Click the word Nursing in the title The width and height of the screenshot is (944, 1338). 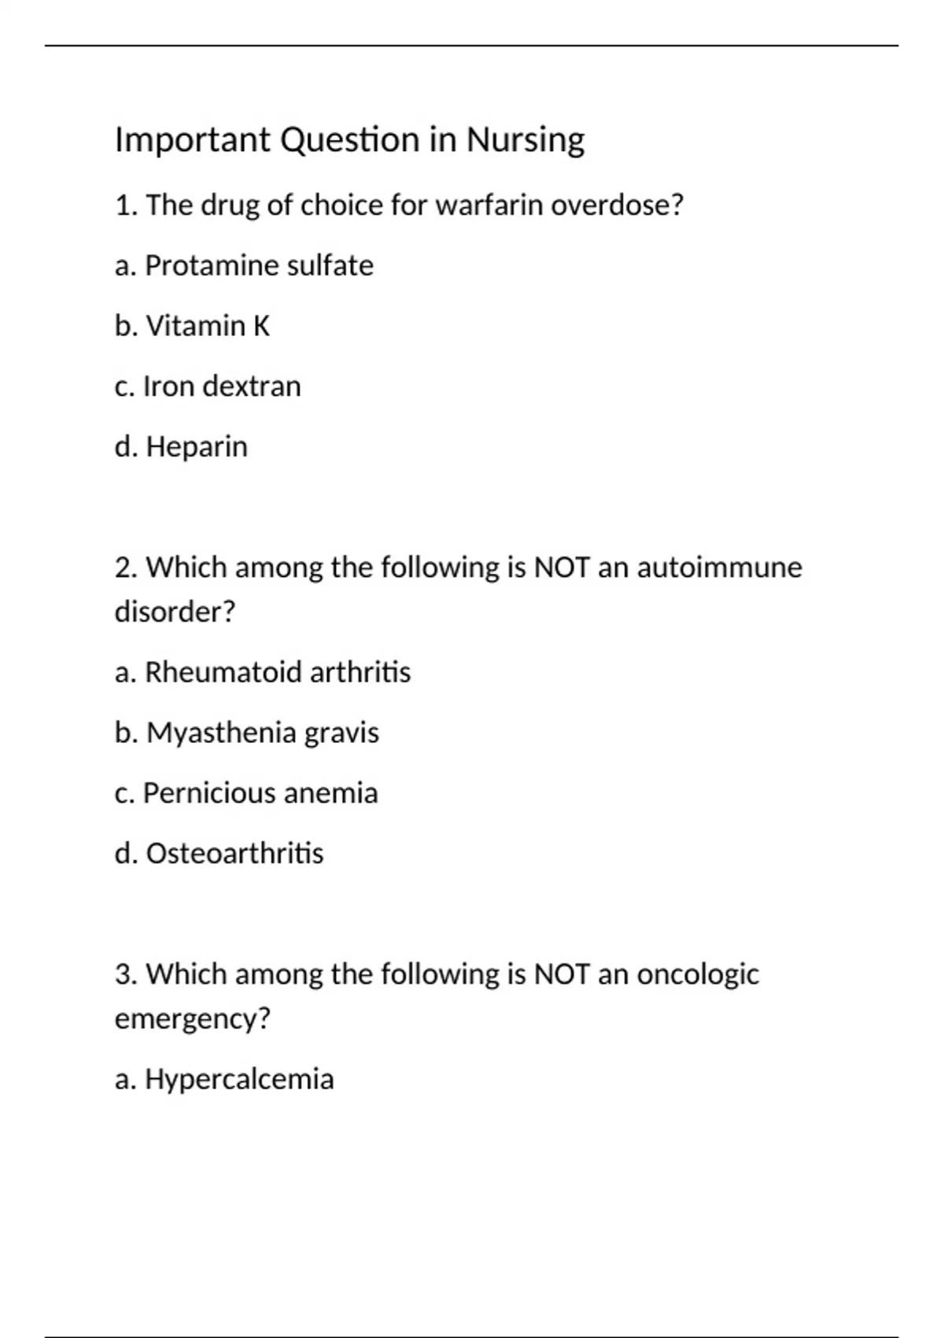525,141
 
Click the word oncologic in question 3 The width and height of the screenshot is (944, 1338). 698,975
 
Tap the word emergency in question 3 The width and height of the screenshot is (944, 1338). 192,1019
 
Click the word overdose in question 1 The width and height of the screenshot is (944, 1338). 617,205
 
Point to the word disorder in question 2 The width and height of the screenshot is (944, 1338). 175,612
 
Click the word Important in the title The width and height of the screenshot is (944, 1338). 193,141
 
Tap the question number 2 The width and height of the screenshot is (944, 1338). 126,567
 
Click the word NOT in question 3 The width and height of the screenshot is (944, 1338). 562,975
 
